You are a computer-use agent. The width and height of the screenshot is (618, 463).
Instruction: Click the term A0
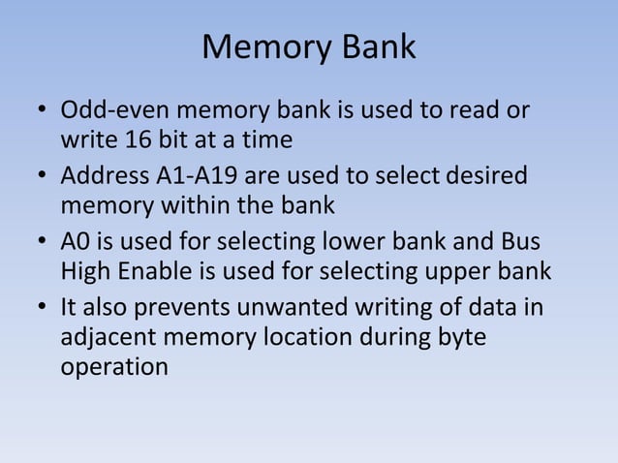77,242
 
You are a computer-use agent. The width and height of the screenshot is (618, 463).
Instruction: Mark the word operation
113,368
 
